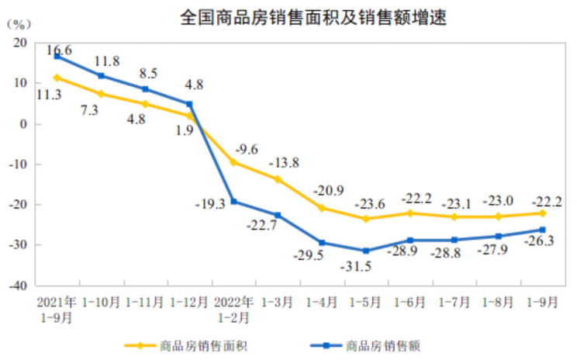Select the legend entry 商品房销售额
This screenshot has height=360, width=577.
pos(381,345)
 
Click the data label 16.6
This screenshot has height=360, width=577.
pos(59,50)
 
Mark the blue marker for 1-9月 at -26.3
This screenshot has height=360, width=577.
pos(543,230)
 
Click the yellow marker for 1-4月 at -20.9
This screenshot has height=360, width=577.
pos(322,208)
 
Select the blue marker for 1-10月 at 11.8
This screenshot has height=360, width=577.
pos(101,76)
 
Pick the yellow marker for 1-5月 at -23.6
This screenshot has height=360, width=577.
pos(366,219)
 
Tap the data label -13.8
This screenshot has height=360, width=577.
pos(284,164)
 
